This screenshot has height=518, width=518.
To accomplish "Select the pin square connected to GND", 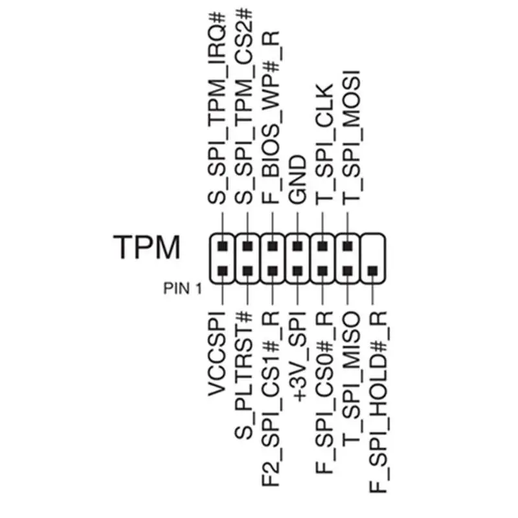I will pos(297,247).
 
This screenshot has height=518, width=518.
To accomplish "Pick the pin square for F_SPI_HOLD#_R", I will pos(373,271).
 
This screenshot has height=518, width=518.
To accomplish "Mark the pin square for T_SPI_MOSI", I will pos(348,247).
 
